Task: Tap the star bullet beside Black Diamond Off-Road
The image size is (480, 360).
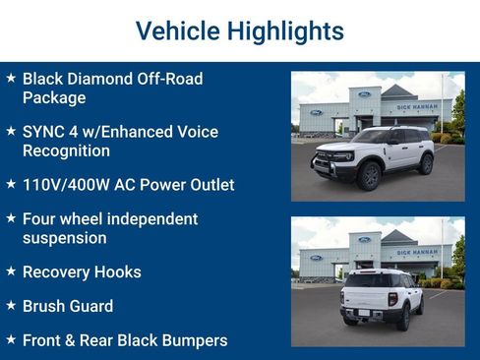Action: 10,77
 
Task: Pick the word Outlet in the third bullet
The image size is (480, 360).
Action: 207,184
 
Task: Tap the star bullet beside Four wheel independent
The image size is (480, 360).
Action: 10,217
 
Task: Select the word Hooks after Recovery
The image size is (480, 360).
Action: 117,271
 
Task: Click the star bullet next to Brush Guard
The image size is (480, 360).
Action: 10,305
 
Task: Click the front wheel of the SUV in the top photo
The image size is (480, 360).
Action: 370,176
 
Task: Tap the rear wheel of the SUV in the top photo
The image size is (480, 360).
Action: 425,163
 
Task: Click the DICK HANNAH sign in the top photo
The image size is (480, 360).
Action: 418,105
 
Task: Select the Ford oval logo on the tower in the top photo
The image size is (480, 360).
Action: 364,94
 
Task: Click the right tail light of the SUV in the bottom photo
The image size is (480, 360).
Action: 393,299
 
